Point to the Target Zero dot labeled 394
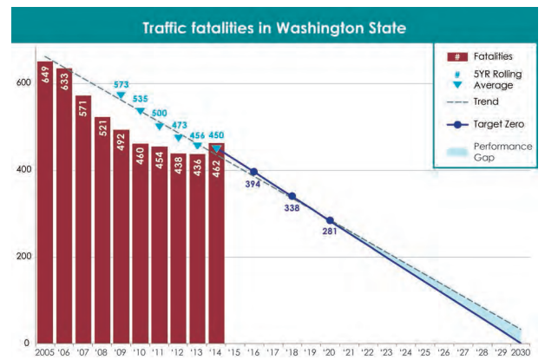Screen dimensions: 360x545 pyautogui.click(x=253, y=172)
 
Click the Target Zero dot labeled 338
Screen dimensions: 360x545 pyautogui.click(x=292, y=196)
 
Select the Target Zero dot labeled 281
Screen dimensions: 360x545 pyautogui.click(x=330, y=220)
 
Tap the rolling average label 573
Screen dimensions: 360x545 pyautogui.click(x=121, y=84)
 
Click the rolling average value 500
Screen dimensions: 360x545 pyautogui.click(x=160, y=113)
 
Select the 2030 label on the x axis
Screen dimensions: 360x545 pyautogui.click(x=521, y=351)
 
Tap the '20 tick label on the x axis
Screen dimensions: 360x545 pyautogui.click(x=330, y=351)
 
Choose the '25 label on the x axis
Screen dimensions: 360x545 pyautogui.click(x=425, y=351)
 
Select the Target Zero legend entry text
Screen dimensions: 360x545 pyautogui.click(x=496, y=124)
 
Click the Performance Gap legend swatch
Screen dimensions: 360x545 pyautogui.click(x=456, y=153)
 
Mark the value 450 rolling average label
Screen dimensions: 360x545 pyautogui.click(x=217, y=134)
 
